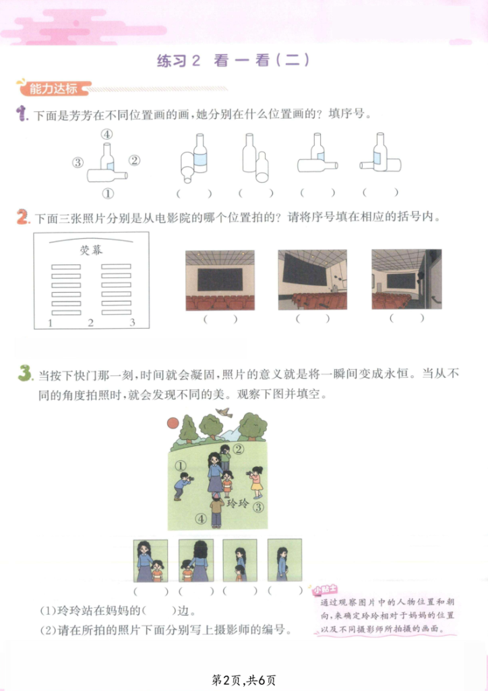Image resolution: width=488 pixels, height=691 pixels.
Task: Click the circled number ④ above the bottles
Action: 106,134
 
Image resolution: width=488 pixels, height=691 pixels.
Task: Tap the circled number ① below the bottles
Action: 107,193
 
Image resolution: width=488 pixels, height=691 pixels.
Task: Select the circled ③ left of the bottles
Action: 78,163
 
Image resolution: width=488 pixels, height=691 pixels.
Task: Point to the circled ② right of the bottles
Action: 135,161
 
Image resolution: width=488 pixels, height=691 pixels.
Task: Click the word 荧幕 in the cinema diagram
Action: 91,250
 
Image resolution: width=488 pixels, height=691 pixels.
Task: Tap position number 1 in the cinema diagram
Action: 50,323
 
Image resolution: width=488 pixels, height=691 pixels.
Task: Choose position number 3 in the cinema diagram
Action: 133,323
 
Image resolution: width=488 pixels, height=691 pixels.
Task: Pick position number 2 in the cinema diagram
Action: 90,323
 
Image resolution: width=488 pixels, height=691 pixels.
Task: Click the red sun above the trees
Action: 173,423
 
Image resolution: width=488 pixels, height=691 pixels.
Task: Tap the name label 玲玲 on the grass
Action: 238,503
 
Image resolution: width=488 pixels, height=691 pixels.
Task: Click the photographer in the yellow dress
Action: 255,482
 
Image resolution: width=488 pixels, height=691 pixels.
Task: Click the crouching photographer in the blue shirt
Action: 182,486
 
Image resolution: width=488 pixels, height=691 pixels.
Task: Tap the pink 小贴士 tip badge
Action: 325,589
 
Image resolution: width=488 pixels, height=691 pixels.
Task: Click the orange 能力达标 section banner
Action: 54,88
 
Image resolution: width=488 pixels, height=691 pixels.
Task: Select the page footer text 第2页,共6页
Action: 244,680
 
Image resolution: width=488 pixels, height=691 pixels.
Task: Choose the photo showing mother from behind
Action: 196,561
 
